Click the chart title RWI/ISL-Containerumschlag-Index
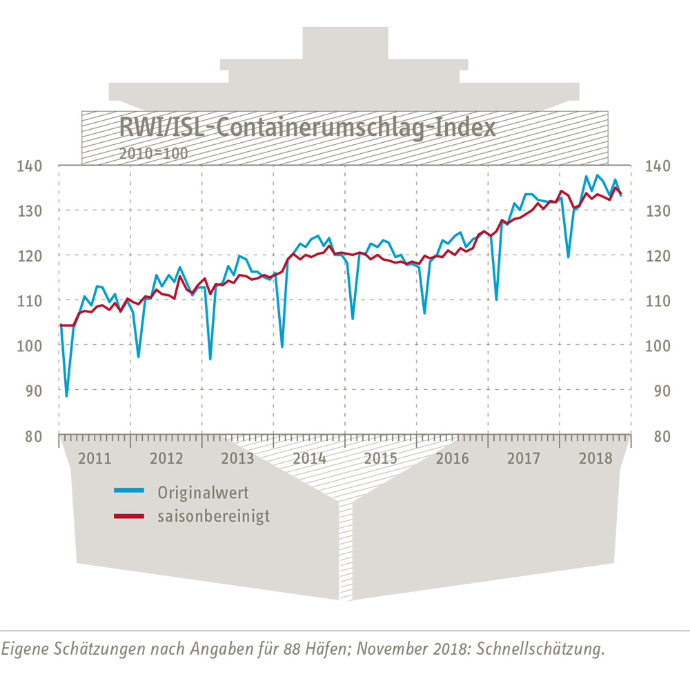pos(307,128)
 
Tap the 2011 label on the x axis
pos(95,458)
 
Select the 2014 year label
pos(309,458)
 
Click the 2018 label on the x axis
pos(595,458)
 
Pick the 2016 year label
pos(452,458)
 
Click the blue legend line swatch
pos(129,491)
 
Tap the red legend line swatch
pos(129,515)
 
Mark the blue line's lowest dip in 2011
pos(66,396)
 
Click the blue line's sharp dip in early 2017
pos(496,299)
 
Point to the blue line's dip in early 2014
pos(282,346)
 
